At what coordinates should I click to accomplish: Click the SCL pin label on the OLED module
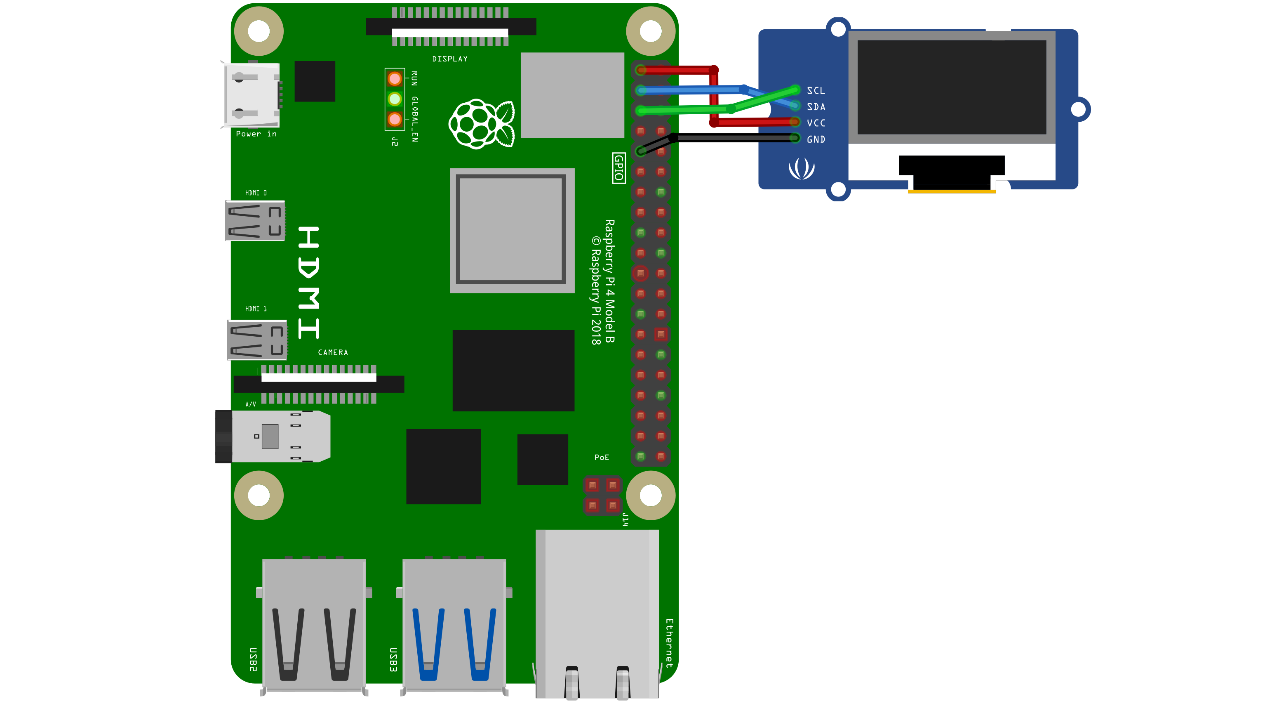816,90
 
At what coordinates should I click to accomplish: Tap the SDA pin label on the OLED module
816,106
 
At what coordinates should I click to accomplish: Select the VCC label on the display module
816,123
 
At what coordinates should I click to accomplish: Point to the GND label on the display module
816,139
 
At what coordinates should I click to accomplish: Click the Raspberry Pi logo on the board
482,123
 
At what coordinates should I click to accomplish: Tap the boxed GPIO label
619,168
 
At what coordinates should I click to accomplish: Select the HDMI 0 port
255,221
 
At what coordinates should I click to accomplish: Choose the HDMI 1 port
257,340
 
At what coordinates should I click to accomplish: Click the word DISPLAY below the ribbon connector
450,59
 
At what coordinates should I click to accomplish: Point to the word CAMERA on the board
333,352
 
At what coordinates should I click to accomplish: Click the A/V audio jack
273,436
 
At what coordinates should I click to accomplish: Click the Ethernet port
597,614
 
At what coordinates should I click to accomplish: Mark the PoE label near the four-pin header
602,457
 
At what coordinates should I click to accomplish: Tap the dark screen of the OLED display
952,87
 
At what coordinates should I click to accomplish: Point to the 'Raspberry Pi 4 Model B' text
609,281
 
